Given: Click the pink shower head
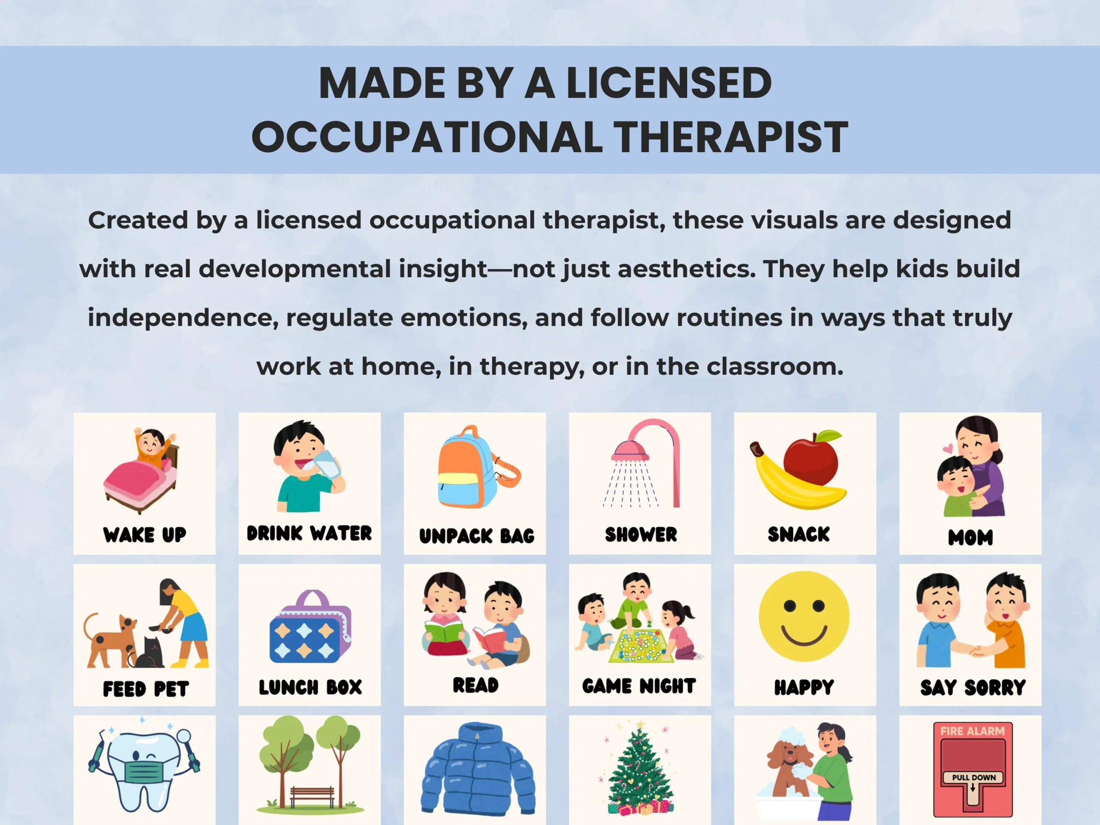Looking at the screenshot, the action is coord(630,452).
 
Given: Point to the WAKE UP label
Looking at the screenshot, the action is coord(145,535).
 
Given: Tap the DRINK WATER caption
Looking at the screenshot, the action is coord(309,533).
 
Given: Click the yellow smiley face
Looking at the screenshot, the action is coord(804,616).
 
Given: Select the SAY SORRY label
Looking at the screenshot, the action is coord(973,688).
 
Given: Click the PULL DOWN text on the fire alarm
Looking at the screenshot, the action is coord(974,778).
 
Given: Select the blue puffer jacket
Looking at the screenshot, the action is coord(477,768).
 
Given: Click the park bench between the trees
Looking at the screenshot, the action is coord(312,796).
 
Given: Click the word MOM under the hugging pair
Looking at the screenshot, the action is coord(970,537).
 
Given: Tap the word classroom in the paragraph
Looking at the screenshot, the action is coord(775,367).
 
